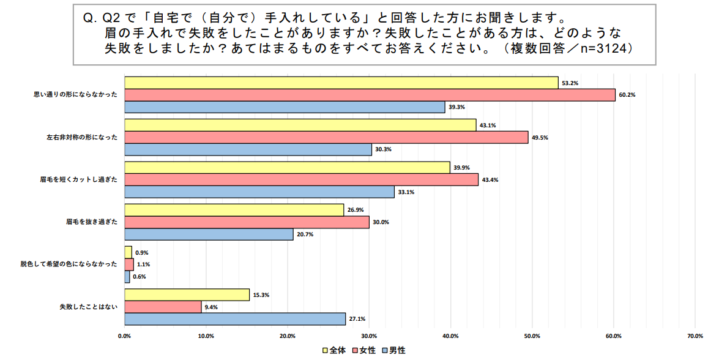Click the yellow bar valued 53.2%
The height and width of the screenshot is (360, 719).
tap(341, 83)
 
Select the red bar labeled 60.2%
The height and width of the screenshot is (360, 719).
tap(370, 95)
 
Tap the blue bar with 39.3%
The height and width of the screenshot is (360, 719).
tap(285, 107)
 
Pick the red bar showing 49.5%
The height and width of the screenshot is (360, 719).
tap(326, 138)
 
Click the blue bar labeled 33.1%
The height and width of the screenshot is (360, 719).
tap(259, 192)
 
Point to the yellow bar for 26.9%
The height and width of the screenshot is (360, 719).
tap(234, 210)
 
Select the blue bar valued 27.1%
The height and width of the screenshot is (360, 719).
tap(235, 319)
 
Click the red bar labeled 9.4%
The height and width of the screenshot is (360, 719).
tap(163, 307)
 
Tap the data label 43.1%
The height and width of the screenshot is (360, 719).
tap(488, 126)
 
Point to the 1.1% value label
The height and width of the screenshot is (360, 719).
tap(144, 264)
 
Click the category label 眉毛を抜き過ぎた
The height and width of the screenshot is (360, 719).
tap(91, 222)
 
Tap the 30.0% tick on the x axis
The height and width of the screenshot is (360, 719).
tap(369, 336)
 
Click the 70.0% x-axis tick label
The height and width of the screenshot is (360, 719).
tap(695, 336)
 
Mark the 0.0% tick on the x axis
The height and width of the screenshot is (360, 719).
tap(125, 336)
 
